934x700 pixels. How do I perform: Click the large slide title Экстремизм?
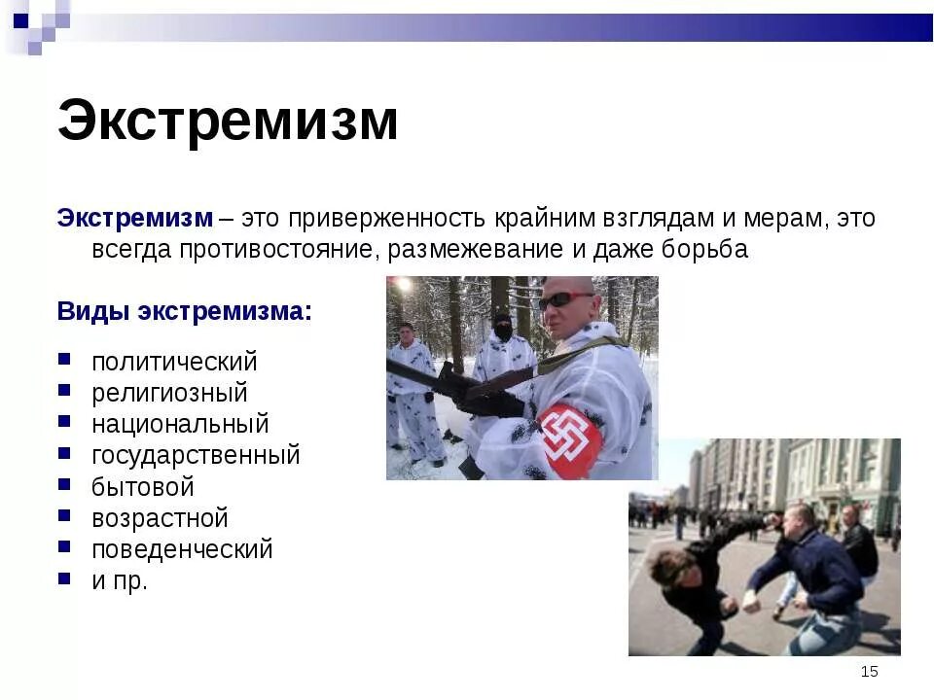point(228,121)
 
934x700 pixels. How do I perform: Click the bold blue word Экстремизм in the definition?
point(134,218)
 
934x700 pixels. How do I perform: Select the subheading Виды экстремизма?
point(185,312)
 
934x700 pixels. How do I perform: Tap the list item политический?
point(174,363)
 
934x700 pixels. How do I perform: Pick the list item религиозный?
point(169,393)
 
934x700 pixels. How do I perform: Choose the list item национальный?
point(180,425)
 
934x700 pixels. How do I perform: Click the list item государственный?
point(196,456)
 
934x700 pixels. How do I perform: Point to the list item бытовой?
point(143,487)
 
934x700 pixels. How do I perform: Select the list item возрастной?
point(160,518)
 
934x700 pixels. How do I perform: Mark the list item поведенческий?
point(182,549)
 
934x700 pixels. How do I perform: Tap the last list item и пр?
point(120,581)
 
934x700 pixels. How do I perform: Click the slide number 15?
point(869,672)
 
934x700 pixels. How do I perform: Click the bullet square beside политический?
point(64,360)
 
